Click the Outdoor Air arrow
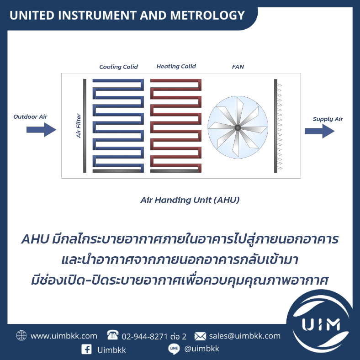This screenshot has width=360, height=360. pyautogui.click(x=41, y=130)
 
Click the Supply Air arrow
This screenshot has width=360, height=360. pyautogui.click(x=319, y=131)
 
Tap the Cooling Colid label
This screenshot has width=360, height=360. pyautogui.click(x=118, y=67)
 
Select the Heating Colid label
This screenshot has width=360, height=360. pyautogui.click(x=176, y=66)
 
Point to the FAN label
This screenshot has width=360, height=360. pyautogui.click(x=238, y=67)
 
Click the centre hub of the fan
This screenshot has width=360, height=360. pyautogui.click(x=238, y=127)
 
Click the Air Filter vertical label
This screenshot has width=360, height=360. pyautogui.click(x=79, y=126)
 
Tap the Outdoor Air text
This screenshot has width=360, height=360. pyautogui.click(x=30, y=116)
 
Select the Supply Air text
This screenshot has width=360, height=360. pyautogui.click(x=328, y=119)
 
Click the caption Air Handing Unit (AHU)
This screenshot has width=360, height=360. pyautogui.click(x=190, y=200)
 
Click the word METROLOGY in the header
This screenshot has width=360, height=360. pyautogui.click(x=207, y=16)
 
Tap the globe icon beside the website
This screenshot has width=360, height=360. pyautogui.click(x=21, y=335)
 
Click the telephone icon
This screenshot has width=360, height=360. pyautogui.click(x=113, y=335)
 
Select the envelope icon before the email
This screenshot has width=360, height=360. pyautogui.click(x=200, y=336)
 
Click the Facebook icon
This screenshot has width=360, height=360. pyautogui.click(x=86, y=349)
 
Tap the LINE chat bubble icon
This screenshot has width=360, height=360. pyautogui.click(x=174, y=349)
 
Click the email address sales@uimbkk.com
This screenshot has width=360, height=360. pyautogui.click(x=245, y=336)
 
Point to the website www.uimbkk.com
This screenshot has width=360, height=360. pyautogui.click(x=64, y=336)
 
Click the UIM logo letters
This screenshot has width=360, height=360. pyautogui.click(x=321, y=325)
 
